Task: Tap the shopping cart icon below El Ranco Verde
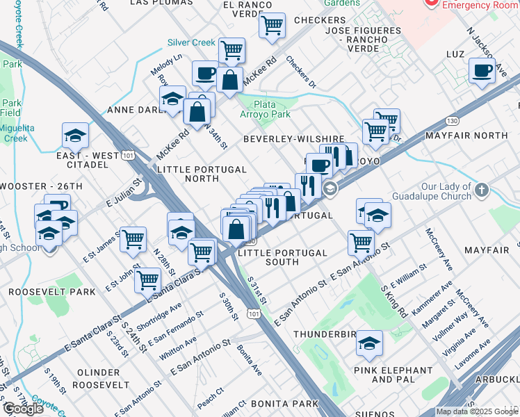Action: point(272,26)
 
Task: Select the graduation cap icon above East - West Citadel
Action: point(75,135)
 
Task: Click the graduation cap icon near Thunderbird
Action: point(369,342)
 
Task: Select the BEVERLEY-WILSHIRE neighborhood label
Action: point(293,140)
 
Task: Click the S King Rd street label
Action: point(394,300)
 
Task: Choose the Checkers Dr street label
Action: point(301,72)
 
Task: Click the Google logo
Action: point(23,409)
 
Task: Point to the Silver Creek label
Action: point(191,42)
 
